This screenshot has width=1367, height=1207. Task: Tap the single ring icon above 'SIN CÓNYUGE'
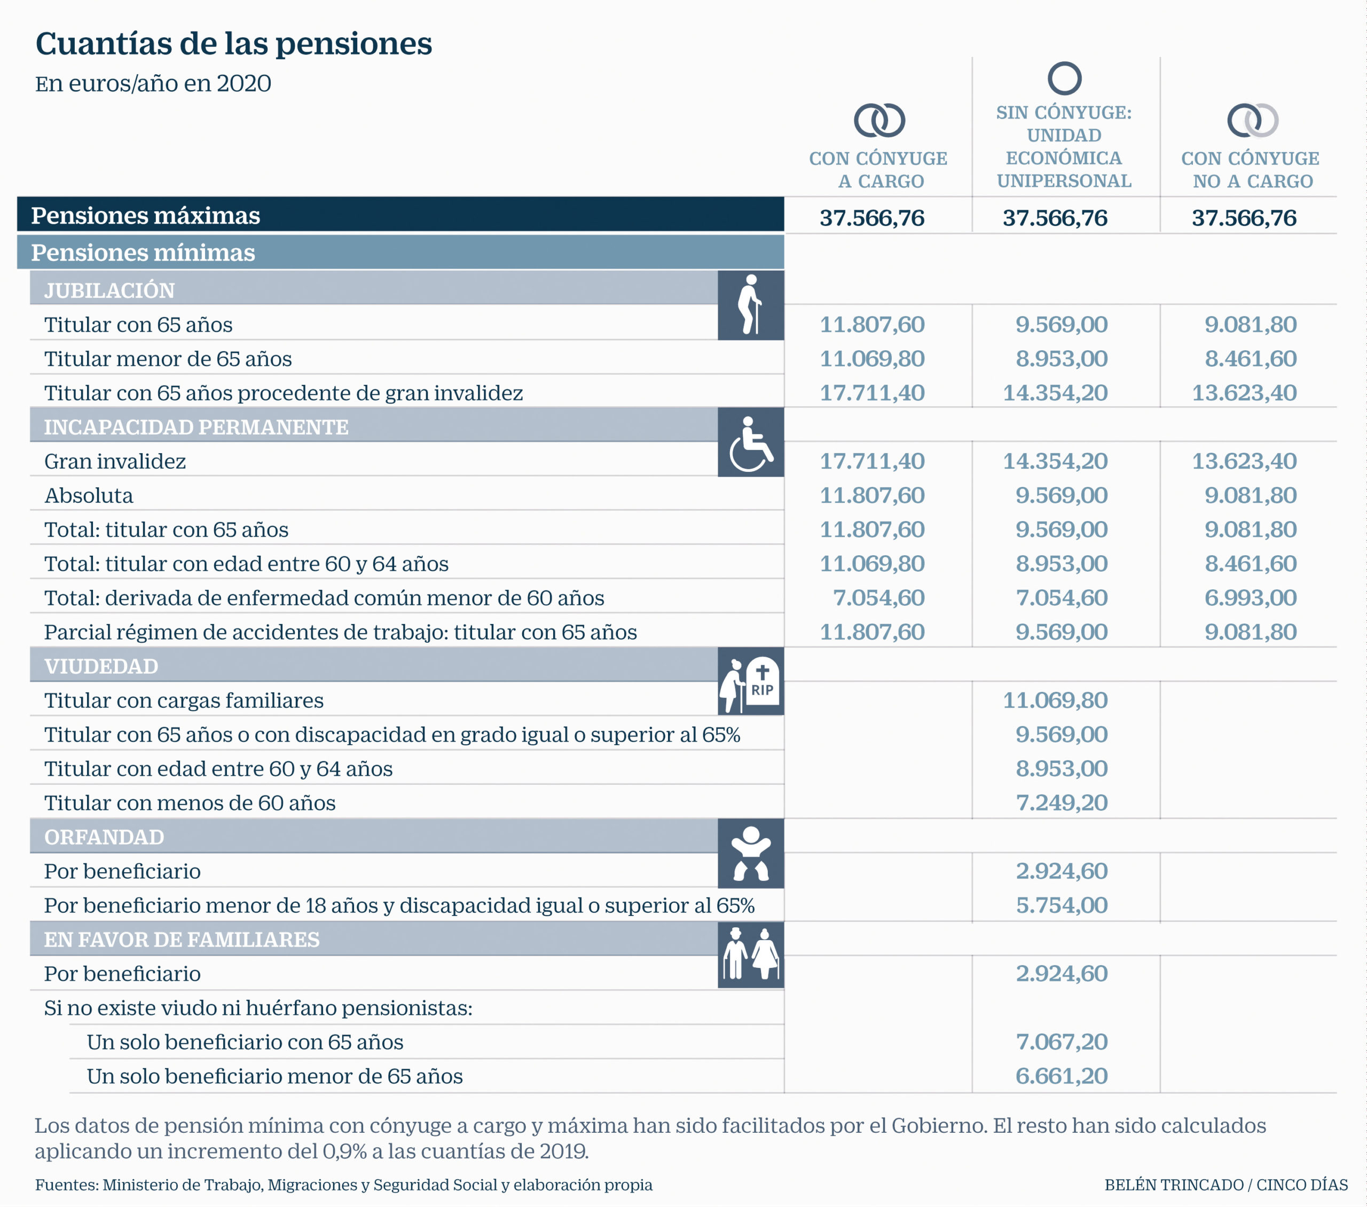pos(1064,64)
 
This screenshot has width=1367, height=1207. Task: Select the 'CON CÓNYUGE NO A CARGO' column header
pos(1250,169)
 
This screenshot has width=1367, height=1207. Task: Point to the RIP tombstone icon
pos(762,681)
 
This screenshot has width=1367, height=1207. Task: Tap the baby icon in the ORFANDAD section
pos(750,853)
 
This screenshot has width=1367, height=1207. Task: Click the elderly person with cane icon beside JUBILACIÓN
pos(750,305)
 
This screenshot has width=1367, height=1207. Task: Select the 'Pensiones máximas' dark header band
pos(400,215)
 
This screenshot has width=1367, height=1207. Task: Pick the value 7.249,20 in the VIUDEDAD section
pos(1062,802)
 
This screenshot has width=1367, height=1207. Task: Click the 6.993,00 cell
pos(1250,598)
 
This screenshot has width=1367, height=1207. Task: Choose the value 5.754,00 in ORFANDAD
pos(1062,905)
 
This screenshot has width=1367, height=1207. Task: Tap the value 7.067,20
pos(1062,1042)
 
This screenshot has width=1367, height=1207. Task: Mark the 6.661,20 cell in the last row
pos(1062,1076)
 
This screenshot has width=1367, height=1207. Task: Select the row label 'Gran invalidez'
pos(115,461)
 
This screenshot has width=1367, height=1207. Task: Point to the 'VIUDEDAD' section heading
pos(101,666)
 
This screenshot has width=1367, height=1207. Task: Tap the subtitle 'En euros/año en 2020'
pos(153,84)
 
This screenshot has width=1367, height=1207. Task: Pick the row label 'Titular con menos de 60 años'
pos(190,803)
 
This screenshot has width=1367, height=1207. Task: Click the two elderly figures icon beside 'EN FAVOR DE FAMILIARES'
pos(750,954)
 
